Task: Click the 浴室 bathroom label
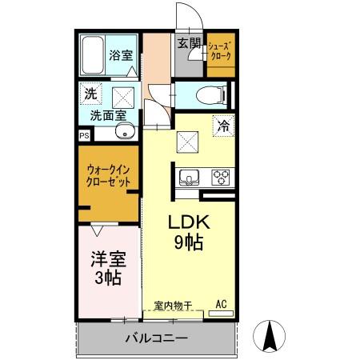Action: [x=121, y=57]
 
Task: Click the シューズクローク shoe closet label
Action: [x=219, y=51]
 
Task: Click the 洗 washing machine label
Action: [x=90, y=94]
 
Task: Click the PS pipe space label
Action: [x=84, y=136]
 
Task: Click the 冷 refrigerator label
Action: [x=223, y=125]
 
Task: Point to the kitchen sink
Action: [x=189, y=176]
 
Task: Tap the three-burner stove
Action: [x=221, y=176]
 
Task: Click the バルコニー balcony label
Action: [x=157, y=338]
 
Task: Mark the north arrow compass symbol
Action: [x=270, y=334]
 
